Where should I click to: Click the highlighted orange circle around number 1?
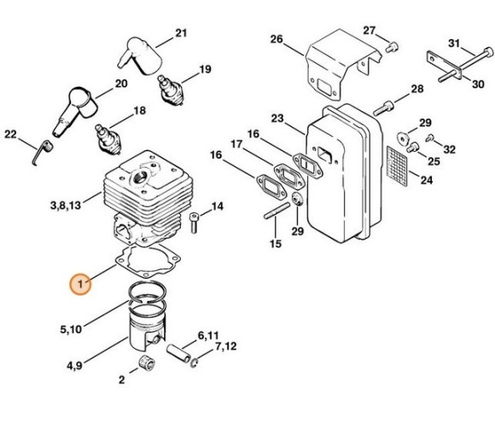[79, 283]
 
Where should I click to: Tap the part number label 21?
[179, 33]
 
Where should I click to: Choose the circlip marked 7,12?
[195, 365]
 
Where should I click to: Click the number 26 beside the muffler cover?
[276, 39]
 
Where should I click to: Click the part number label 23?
[277, 118]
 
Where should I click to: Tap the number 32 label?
[449, 148]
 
